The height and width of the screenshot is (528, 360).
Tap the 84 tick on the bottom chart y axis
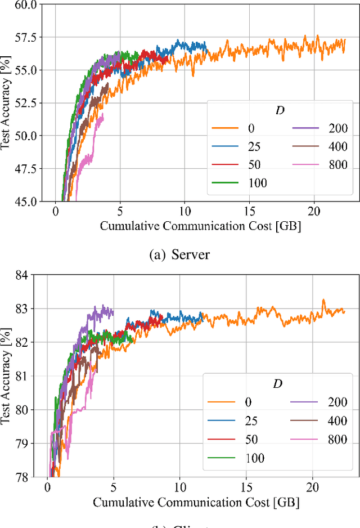click(38, 275)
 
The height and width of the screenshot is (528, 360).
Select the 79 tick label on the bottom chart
click(38, 443)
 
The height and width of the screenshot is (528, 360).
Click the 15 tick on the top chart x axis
click(250, 210)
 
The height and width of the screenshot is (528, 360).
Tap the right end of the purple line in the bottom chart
click(113, 313)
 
